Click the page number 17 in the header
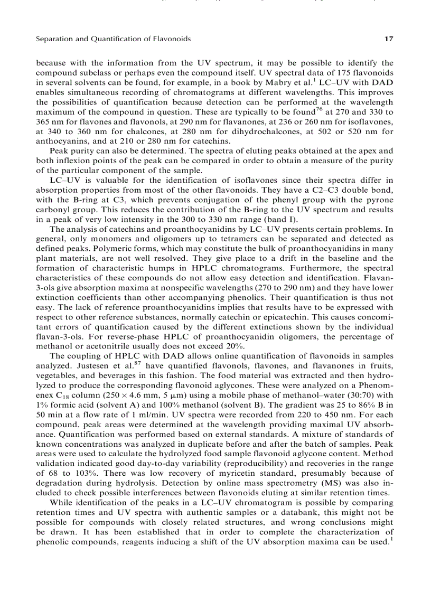[389, 39]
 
